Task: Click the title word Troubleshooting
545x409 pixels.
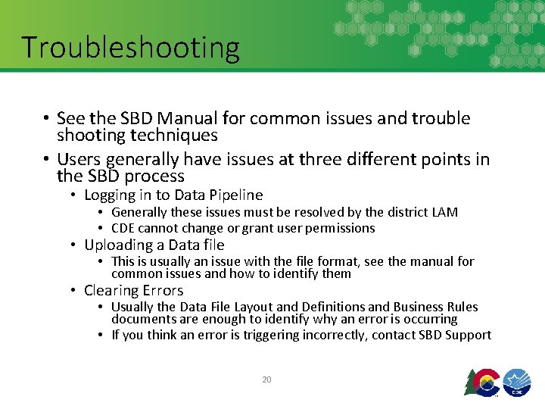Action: tap(130, 47)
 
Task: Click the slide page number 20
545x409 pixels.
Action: tap(266, 379)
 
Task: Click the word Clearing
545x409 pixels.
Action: tap(111, 290)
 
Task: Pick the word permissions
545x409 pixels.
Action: tap(338, 228)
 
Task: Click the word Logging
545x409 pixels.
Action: tap(111, 195)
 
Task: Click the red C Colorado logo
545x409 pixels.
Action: tap(481, 381)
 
